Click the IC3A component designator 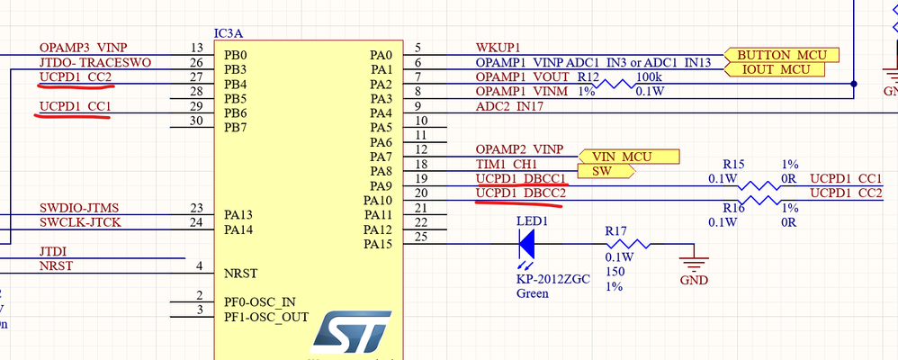coord(228,32)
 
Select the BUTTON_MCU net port coord(780,55)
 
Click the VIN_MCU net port coord(627,156)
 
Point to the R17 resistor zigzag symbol coord(626,244)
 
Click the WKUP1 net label coord(498,47)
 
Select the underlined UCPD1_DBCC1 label coord(521,178)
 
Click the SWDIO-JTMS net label coord(80,207)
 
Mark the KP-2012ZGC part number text coord(552,278)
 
